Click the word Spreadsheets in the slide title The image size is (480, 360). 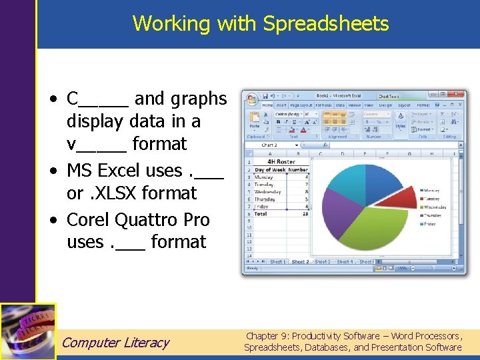(325, 23)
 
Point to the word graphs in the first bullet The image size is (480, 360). (198, 99)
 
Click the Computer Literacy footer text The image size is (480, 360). (115, 343)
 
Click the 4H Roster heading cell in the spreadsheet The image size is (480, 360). (281, 161)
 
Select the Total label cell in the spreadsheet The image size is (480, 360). (262, 214)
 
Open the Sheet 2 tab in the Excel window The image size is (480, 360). (300, 262)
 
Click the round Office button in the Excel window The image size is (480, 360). (251, 100)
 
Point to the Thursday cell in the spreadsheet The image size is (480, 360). (265, 199)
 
